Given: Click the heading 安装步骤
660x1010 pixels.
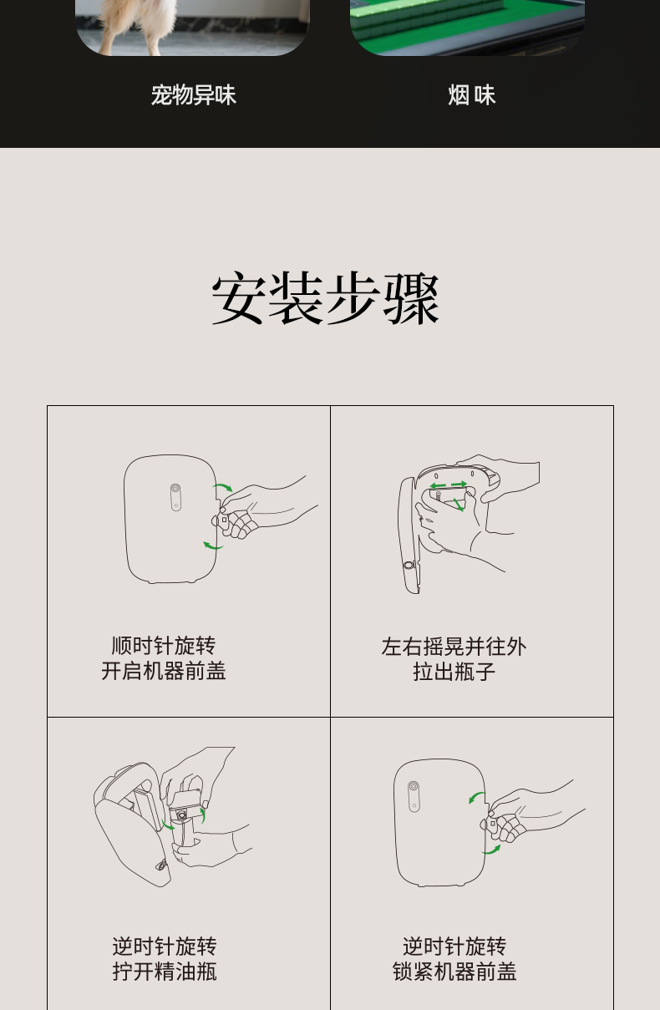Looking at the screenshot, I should (326, 298).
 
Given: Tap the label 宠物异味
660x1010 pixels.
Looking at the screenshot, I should (193, 95).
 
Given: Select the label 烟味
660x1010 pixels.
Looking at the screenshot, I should (471, 95).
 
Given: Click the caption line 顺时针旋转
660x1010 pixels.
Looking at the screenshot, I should (164, 646).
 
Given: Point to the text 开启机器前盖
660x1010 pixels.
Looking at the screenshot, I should (164, 671).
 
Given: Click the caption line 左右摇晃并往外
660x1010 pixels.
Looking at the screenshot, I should (454, 647).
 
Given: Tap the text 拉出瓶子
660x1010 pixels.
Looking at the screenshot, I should (454, 672).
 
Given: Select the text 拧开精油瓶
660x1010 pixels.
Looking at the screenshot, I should (165, 972).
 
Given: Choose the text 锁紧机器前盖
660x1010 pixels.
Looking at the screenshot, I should (454, 972).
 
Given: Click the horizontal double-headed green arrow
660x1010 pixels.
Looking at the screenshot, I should (449, 485).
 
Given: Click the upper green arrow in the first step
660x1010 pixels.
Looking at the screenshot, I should (223, 486).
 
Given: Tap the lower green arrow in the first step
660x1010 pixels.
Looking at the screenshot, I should (213, 546).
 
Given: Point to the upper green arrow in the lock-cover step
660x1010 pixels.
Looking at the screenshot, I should (476, 798).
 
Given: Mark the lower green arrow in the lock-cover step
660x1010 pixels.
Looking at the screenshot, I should (492, 850).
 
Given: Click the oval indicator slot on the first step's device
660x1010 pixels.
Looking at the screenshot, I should (175, 496).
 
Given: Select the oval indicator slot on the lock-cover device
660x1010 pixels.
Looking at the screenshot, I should (414, 796).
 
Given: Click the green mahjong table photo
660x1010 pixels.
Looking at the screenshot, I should (467, 25).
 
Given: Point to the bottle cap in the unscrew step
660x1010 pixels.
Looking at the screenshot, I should (181, 812).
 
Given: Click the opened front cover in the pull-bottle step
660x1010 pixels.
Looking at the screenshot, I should (409, 535).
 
